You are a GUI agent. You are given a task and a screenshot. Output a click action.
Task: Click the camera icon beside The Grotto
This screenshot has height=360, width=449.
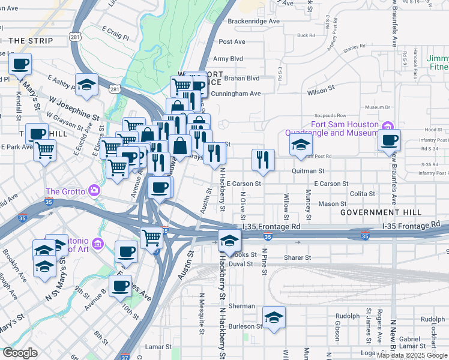(x=94, y=191)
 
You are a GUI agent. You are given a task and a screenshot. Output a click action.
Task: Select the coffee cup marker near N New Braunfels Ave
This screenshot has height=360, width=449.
(x=390, y=141)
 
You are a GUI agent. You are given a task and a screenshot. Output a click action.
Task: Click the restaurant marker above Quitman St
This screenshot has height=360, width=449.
(x=263, y=160)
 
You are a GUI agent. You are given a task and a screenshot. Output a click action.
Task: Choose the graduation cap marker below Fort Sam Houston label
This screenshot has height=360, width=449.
(x=301, y=145)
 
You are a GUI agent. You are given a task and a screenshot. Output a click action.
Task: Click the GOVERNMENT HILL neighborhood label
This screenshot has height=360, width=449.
(x=380, y=213)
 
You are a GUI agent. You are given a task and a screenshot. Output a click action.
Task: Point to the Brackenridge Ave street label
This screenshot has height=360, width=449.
(x=254, y=21)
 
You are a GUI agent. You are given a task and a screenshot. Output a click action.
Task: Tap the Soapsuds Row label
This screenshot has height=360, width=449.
(x=331, y=115)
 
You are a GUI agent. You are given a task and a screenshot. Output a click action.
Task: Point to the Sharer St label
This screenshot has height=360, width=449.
(x=297, y=257)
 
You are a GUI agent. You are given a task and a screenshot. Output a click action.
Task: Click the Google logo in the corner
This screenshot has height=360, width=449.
(x=20, y=353)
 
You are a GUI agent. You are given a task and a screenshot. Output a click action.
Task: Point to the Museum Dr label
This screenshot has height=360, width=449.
(x=378, y=107)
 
